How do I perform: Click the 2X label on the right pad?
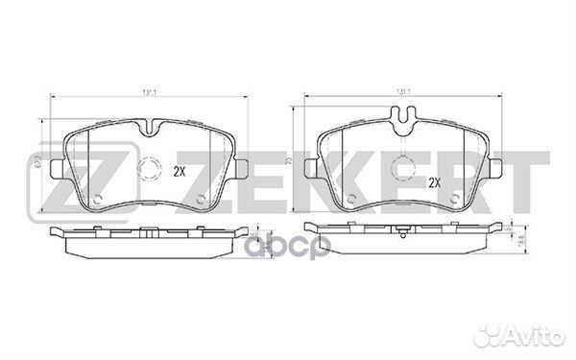coord(433,181)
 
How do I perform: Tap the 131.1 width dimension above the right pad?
coord(404,91)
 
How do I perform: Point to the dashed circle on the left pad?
coord(150,174)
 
